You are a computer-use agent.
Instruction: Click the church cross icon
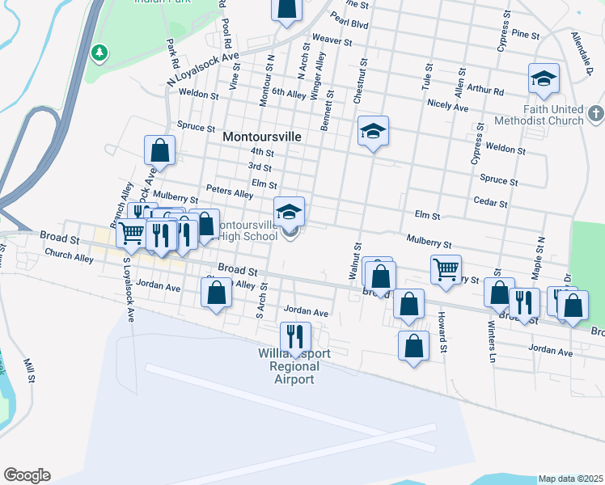[596, 114]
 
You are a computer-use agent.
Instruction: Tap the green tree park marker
[99, 53]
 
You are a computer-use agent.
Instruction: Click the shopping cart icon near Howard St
[446, 268]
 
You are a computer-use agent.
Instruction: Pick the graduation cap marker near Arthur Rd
[544, 78]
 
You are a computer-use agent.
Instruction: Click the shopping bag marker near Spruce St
[160, 149]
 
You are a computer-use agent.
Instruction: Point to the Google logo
[27, 475]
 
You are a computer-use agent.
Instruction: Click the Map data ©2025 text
[570, 479]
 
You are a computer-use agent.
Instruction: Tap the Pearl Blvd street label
[349, 25]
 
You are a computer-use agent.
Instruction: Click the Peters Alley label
[230, 193]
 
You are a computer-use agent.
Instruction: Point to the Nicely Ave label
[448, 106]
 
